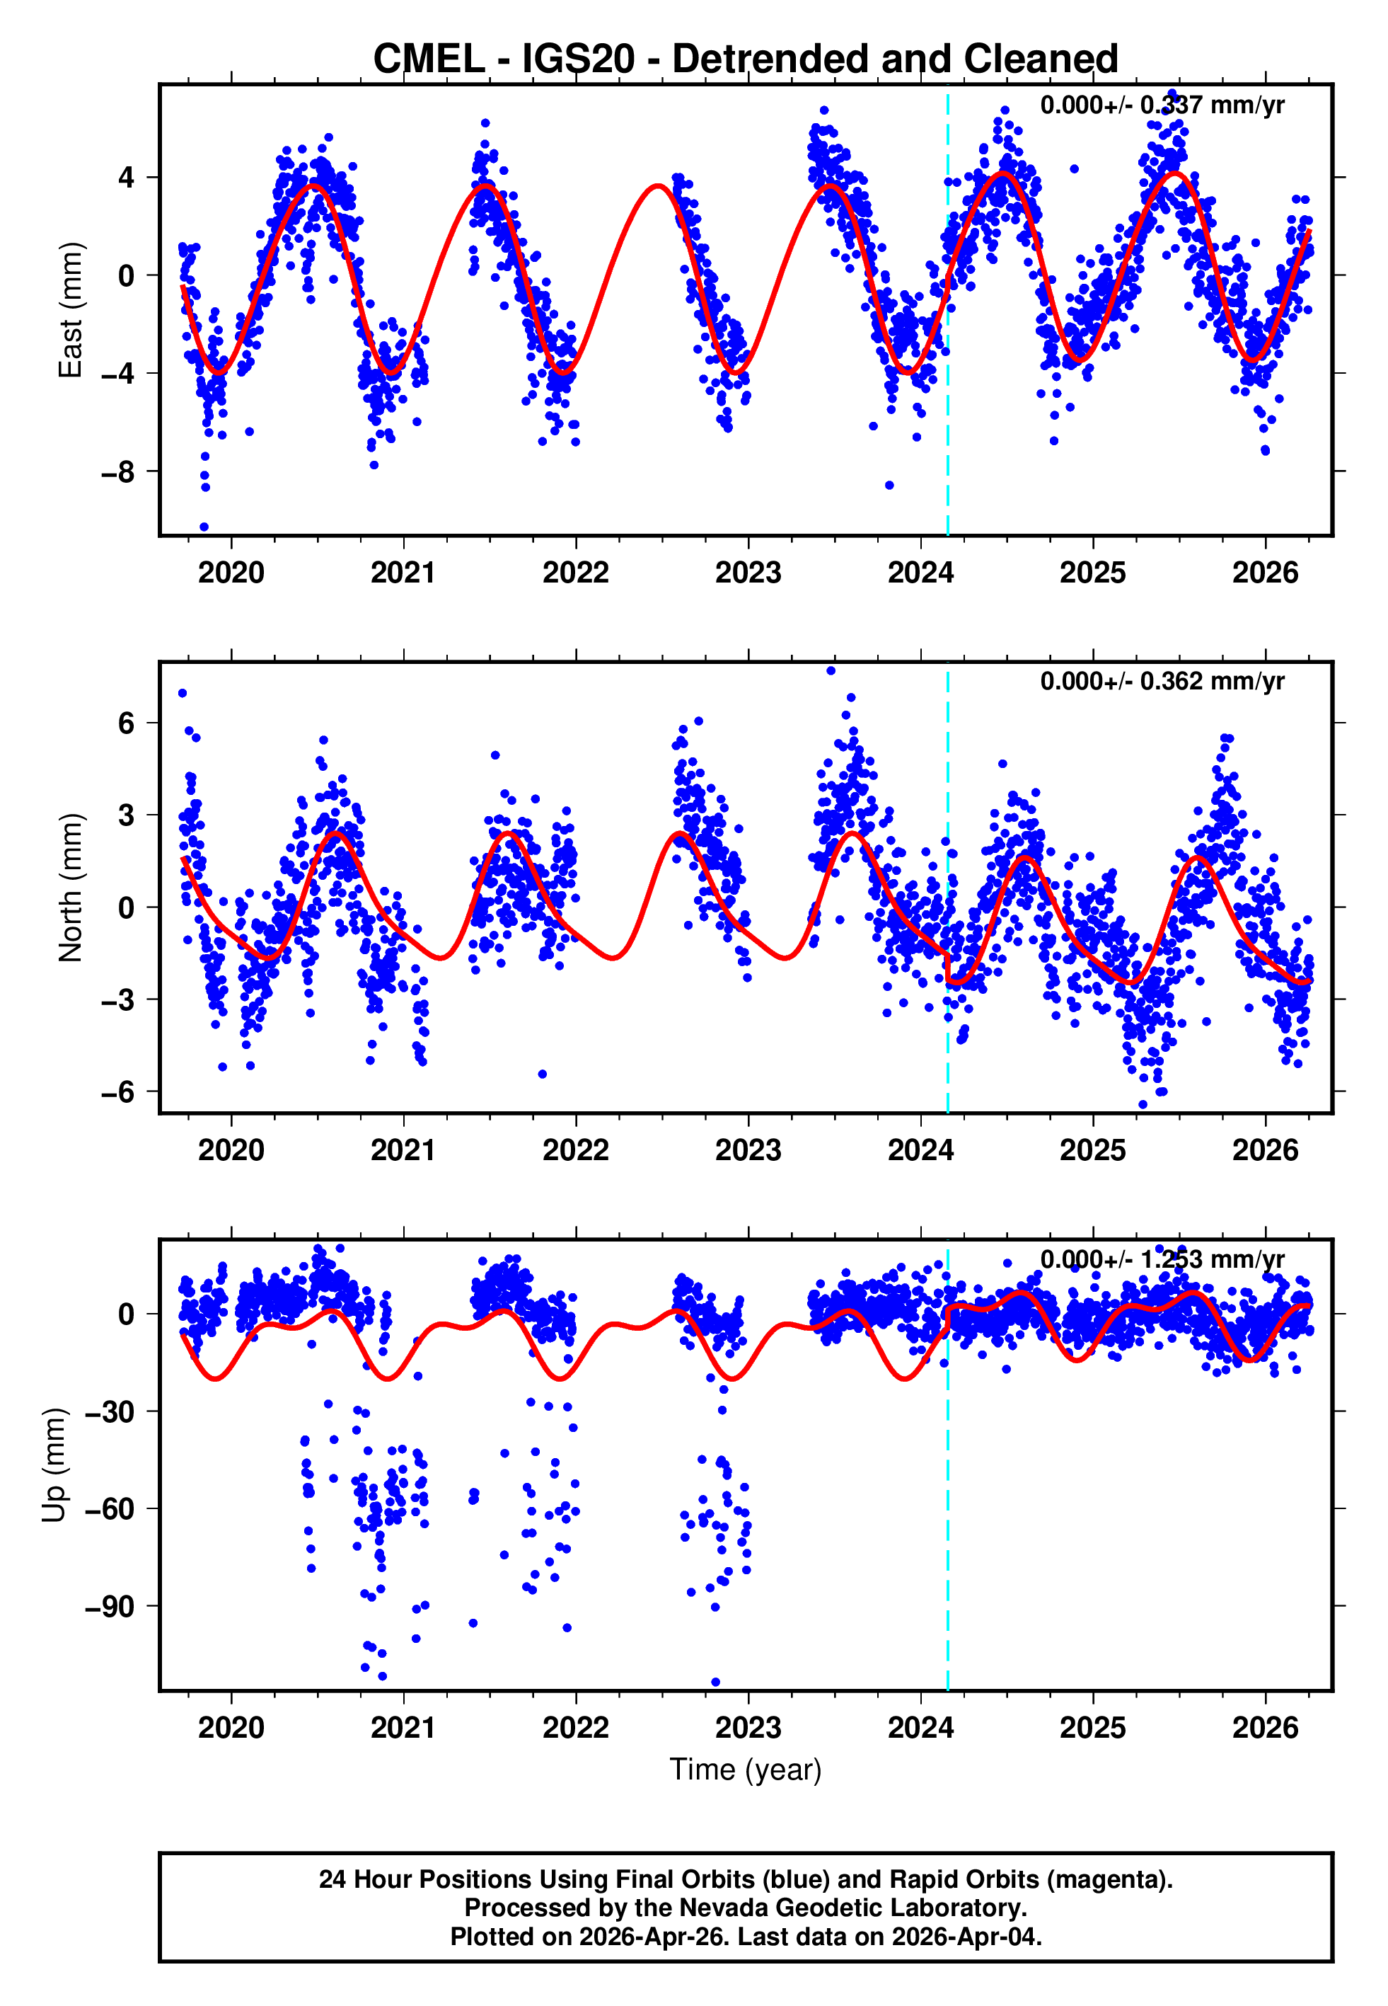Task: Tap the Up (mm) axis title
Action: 54,1465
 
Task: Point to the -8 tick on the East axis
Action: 117,472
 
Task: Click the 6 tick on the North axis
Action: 127,723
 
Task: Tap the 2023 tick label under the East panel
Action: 748,573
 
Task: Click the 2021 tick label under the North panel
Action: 403,1150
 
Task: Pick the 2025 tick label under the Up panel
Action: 1092,1728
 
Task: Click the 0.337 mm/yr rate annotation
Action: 1162,105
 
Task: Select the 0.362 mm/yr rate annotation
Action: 1162,681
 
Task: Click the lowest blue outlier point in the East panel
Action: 204,527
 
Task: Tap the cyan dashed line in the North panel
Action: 947,888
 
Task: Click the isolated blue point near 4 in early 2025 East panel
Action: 1074,168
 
